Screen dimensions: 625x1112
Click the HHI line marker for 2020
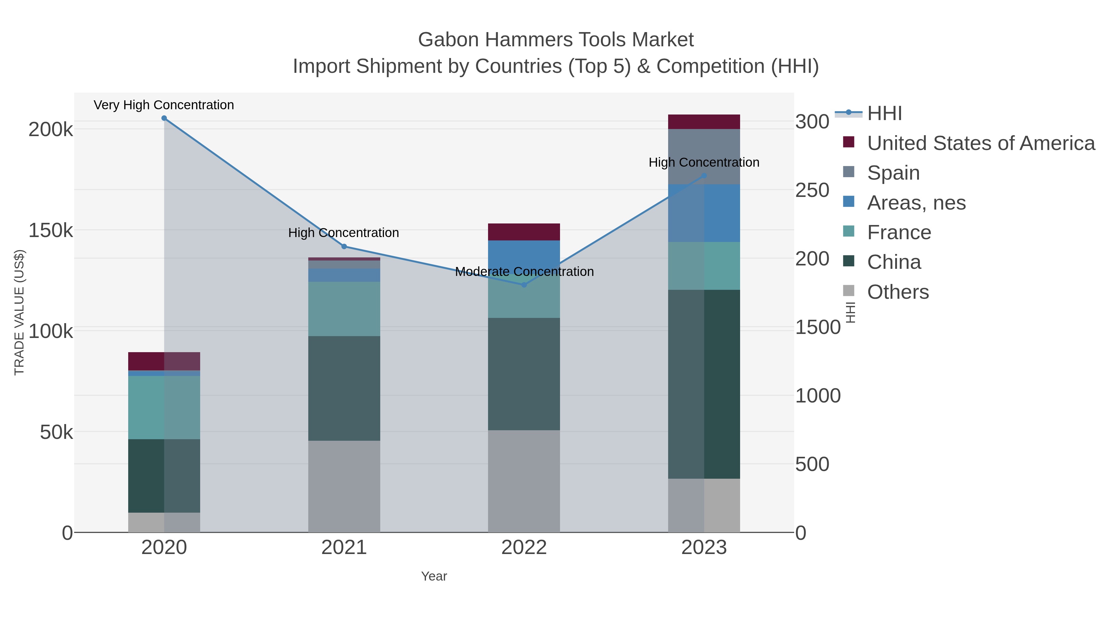coord(164,118)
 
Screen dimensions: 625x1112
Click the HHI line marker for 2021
coord(344,247)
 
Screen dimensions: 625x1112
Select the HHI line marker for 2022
coord(524,285)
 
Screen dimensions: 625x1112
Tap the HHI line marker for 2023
coord(704,176)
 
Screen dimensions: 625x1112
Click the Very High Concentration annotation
coord(164,105)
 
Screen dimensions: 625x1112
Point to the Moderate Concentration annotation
coord(524,272)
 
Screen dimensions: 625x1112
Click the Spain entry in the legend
coord(893,173)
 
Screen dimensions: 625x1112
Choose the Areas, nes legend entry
coord(916,203)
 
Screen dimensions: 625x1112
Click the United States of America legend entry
coord(981,143)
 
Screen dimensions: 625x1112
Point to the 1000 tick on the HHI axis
coord(818,396)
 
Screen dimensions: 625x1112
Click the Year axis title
coord(434,576)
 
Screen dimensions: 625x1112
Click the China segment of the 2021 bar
coord(344,388)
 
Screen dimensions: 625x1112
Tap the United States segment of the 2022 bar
coord(524,231)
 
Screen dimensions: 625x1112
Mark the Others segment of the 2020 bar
coord(164,522)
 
